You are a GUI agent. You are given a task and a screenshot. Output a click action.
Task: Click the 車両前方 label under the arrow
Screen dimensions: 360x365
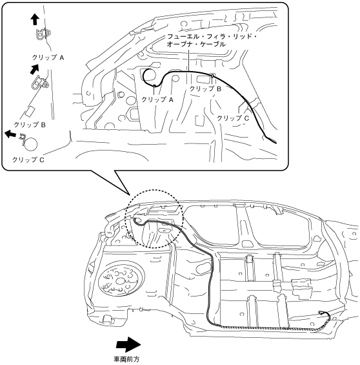126,359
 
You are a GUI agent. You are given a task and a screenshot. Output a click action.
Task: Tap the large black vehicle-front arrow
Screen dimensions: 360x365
128,344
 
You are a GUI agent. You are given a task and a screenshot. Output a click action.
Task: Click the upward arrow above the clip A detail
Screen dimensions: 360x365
35,19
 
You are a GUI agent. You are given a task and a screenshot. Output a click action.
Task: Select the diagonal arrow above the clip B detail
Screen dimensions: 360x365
34,69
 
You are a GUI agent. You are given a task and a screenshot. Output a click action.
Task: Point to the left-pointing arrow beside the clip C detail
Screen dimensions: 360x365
11,134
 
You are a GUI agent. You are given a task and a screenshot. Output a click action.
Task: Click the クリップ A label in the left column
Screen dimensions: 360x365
48,57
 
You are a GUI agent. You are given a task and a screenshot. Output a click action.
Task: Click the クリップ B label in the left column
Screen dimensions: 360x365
30,125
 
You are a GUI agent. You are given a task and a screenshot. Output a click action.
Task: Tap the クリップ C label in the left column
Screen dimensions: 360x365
28,160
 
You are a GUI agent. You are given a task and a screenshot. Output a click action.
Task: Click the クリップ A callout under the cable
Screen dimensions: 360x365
157,99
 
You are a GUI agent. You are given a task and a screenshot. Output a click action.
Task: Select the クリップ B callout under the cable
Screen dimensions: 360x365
205,89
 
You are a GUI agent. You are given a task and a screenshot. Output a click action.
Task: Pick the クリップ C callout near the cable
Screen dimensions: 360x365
233,118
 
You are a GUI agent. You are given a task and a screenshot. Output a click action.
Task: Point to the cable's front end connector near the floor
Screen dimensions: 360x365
321,313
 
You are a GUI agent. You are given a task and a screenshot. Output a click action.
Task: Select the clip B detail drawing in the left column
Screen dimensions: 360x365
40,83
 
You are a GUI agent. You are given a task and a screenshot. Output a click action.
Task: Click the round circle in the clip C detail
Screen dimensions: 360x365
31,144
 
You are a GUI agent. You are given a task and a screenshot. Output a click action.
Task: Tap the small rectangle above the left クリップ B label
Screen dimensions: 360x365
30,112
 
